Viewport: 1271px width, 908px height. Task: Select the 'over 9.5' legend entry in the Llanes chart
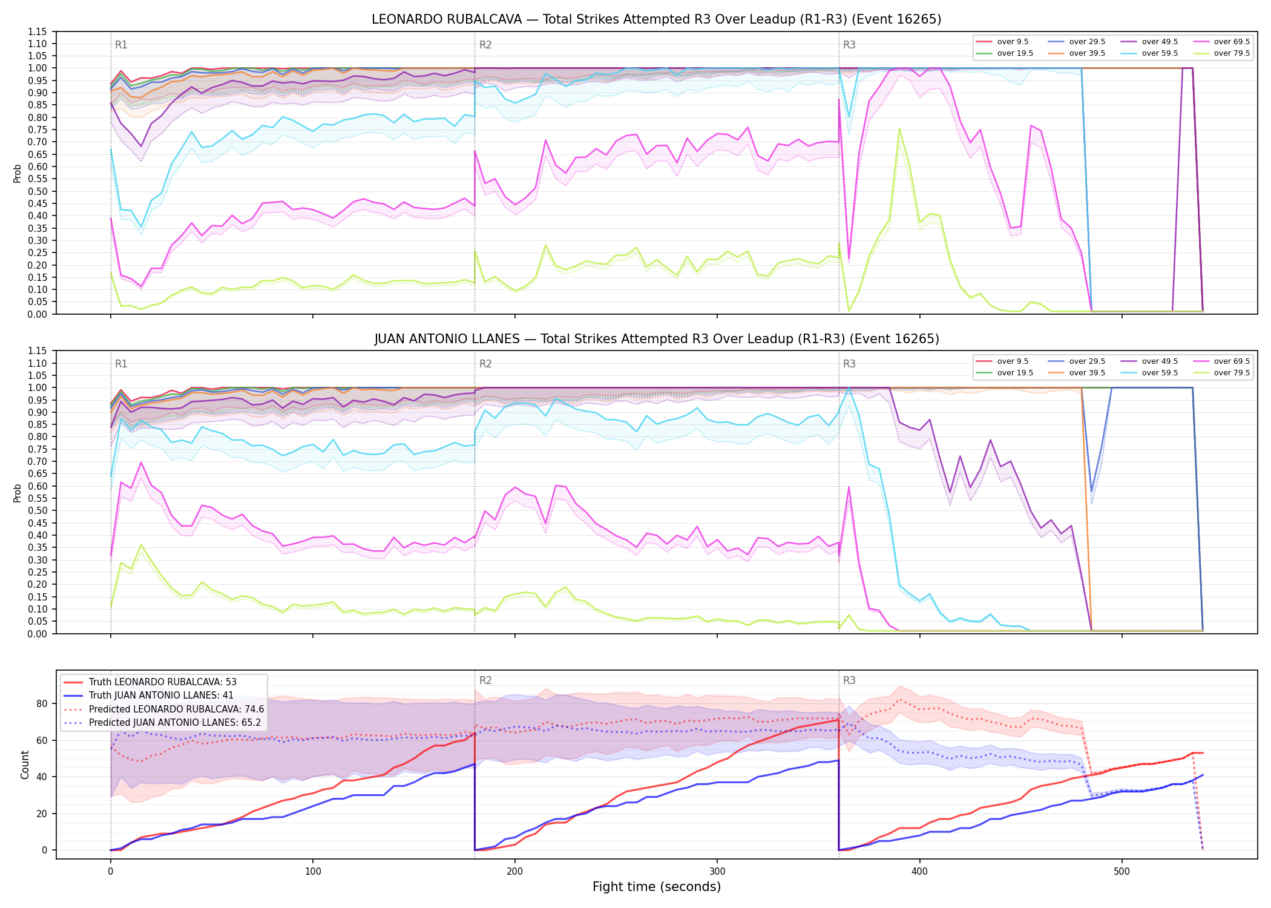tap(1002, 361)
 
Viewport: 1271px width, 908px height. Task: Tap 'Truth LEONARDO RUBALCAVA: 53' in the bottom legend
tap(163, 682)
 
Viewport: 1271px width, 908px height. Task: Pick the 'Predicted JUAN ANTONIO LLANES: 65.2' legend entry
tap(163, 723)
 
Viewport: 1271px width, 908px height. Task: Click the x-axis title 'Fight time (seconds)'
tap(657, 887)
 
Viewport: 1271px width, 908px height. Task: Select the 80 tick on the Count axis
tap(42, 703)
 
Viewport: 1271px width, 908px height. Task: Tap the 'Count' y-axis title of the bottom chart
tap(25, 765)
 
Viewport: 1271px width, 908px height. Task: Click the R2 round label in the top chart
tap(485, 45)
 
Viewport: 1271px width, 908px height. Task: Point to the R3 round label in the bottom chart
tap(849, 680)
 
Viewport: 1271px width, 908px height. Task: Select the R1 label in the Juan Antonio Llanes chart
tap(121, 364)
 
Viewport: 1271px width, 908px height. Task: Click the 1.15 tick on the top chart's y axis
tap(38, 31)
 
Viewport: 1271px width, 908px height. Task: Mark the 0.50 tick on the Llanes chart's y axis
tap(38, 510)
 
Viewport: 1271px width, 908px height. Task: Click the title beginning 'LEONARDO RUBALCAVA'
tap(657, 19)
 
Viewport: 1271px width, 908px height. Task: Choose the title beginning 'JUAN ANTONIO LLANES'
tap(657, 339)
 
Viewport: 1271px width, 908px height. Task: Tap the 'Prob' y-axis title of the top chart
tap(17, 173)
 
